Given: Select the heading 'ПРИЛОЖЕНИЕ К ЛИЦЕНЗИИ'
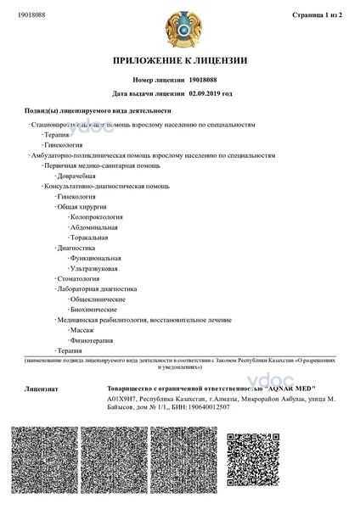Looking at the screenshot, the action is click(179, 61).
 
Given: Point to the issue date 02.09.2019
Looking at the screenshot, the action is click(210, 94).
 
